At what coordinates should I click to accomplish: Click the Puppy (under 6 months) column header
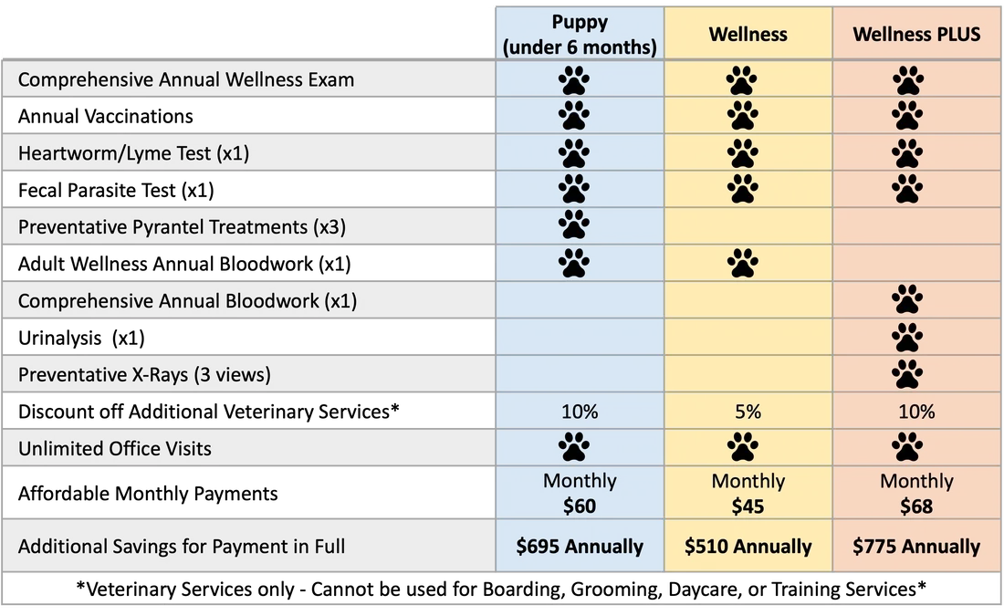click(580, 35)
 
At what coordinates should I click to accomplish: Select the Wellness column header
click(748, 35)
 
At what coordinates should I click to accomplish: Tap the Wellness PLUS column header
click(916, 35)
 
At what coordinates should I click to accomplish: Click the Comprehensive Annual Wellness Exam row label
click(186, 80)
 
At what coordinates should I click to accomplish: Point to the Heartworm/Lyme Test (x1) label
click(133, 153)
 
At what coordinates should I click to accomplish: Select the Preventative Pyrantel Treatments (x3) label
click(182, 227)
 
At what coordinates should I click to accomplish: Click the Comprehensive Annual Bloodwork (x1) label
click(187, 301)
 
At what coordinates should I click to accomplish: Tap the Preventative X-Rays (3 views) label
click(144, 375)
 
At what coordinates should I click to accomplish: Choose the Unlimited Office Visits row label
click(115, 449)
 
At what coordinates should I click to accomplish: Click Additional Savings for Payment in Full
click(182, 548)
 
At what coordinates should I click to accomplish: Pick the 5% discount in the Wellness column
click(748, 412)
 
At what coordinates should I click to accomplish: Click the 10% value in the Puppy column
click(580, 412)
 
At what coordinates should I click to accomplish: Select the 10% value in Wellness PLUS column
click(916, 412)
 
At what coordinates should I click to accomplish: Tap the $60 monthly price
click(580, 506)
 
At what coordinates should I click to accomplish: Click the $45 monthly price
click(748, 506)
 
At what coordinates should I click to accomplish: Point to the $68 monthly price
click(916, 506)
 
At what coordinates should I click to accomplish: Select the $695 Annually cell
click(580, 547)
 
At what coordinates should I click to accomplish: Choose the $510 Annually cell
click(748, 547)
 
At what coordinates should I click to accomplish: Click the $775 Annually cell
click(916, 547)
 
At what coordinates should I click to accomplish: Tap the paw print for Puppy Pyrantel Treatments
click(574, 225)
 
